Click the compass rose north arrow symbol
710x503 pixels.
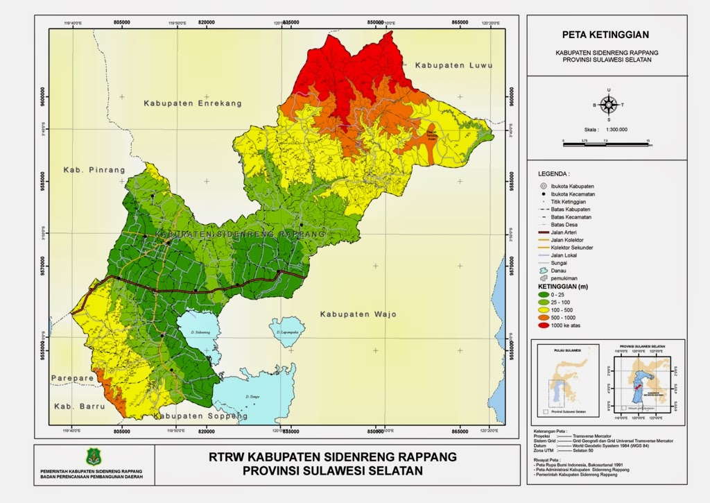coord(608,105)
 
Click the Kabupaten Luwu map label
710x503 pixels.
coord(453,65)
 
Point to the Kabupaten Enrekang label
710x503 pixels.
coord(193,103)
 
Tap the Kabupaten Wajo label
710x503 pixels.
coord(358,315)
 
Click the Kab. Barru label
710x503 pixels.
coord(71,404)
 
